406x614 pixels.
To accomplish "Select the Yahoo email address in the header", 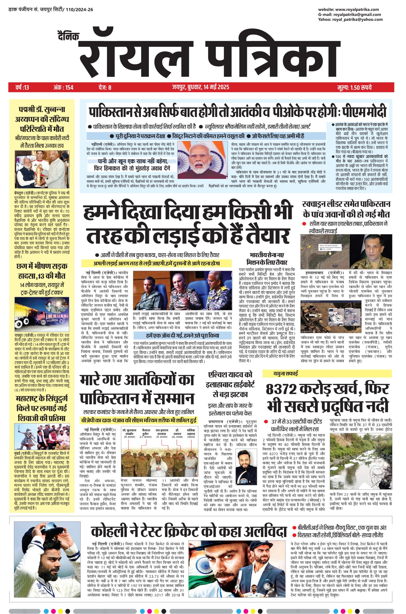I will [x=357, y=19].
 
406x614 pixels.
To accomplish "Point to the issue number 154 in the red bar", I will [x=69, y=87].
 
